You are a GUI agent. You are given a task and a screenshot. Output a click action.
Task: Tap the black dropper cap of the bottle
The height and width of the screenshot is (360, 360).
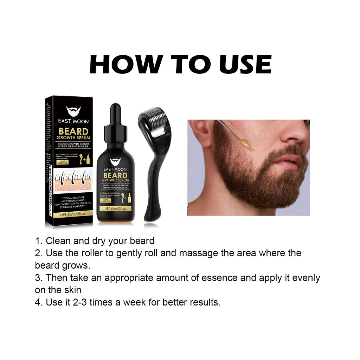[x=115, y=121]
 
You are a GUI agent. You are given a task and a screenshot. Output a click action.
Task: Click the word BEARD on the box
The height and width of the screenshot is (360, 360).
[x=73, y=132]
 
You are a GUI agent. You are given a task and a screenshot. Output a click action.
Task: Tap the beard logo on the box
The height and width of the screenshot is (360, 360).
[x=73, y=111]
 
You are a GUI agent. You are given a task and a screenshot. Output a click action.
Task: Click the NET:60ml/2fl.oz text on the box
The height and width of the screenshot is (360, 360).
[x=73, y=214]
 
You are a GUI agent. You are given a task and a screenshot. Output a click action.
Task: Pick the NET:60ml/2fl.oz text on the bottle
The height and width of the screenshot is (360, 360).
[x=115, y=208]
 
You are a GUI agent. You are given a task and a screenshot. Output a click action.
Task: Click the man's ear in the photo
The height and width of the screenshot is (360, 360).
[x=201, y=133]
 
